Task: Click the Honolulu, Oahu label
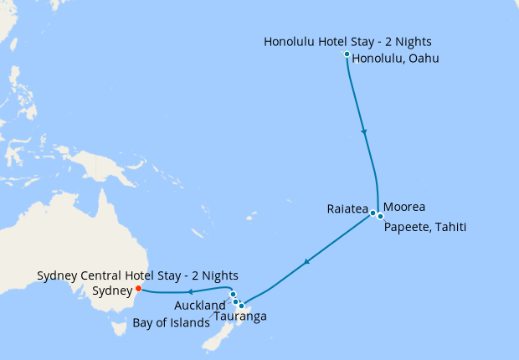point(395,59)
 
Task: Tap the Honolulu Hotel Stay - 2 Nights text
point(348,41)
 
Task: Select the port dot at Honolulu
point(347,54)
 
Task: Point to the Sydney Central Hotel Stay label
point(137,275)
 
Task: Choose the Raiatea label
point(347,210)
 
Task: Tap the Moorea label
point(405,207)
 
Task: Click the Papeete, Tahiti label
point(425,227)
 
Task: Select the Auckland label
point(200,305)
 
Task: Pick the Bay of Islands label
point(172,322)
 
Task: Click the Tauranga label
point(240,316)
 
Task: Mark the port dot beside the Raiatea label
point(373,213)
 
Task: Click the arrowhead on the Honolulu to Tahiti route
point(363,131)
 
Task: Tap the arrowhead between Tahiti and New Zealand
point(307,262)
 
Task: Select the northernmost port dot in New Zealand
point(233,295)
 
